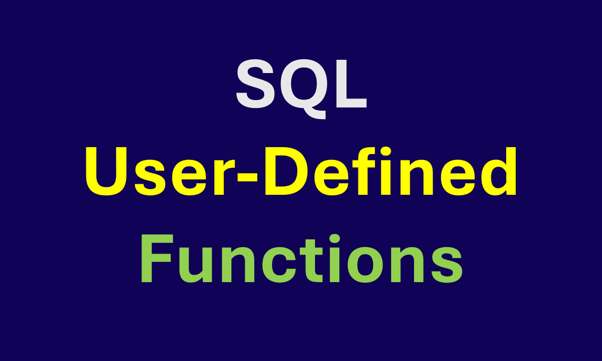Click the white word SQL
pyautogui.click(x=301, y=85)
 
